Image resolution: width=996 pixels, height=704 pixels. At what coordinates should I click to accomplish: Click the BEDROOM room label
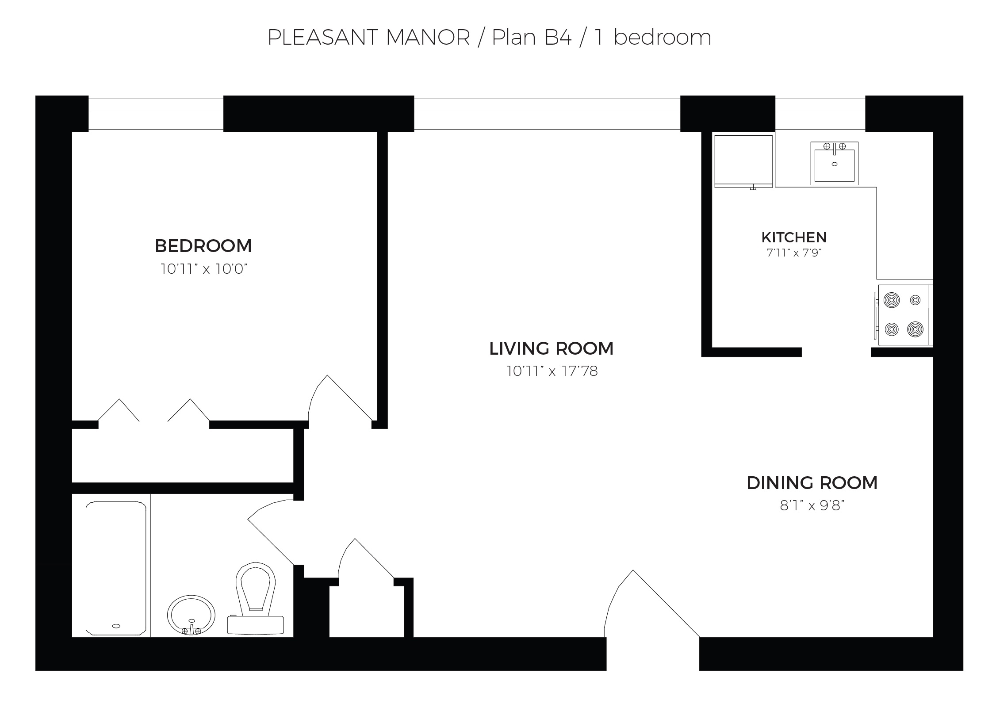(x=203, y=246)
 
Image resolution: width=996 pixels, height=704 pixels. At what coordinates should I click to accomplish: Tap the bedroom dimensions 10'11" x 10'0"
(x=203, y=269)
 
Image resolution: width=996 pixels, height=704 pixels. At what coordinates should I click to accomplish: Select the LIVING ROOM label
(x=551, y=348)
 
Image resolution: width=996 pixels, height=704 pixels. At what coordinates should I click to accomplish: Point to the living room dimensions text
(x=552, y=371)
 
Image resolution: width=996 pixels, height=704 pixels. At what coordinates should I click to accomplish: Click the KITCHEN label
(x=793, y=237)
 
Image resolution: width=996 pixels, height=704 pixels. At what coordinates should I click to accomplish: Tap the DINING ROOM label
(x=812, y=483)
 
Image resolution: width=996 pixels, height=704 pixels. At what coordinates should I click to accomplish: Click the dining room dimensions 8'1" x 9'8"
(x=812, y=505)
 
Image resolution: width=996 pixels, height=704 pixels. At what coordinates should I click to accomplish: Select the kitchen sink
(x=834, y=164)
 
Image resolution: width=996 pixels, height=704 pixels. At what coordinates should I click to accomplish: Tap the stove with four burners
(x=903, y=314)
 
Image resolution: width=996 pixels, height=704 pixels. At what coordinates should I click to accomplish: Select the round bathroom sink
(x=191, y=615)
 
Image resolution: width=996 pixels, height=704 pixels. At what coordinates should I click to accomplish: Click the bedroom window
(x=156, y=114)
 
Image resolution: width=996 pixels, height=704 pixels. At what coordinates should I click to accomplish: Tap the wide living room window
(x=547, y=114)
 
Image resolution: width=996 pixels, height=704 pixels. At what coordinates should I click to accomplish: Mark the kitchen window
(x=820, y=114)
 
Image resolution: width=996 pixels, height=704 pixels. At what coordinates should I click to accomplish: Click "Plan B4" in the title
(x=532, y=37)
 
